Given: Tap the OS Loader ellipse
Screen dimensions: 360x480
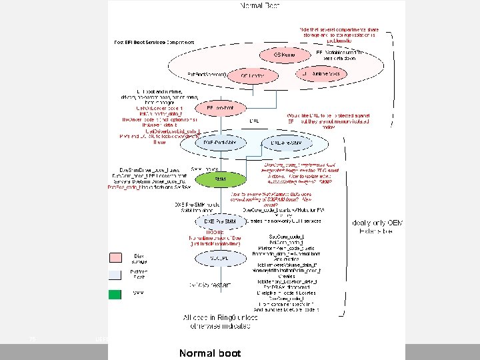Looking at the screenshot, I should point(252,76).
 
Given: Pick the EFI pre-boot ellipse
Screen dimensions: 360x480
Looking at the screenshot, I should point(219,107).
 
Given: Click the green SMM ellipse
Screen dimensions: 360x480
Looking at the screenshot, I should point(220,179).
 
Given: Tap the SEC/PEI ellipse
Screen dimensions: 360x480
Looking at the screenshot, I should point(219,257).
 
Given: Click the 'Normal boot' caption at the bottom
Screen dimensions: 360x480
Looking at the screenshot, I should point(210,352).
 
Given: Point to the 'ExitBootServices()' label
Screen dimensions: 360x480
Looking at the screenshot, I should point(207,73).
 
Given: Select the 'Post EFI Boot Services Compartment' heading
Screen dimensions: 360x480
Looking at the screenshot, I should point(154,42).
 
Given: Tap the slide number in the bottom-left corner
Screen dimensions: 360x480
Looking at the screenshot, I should point(32,339).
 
